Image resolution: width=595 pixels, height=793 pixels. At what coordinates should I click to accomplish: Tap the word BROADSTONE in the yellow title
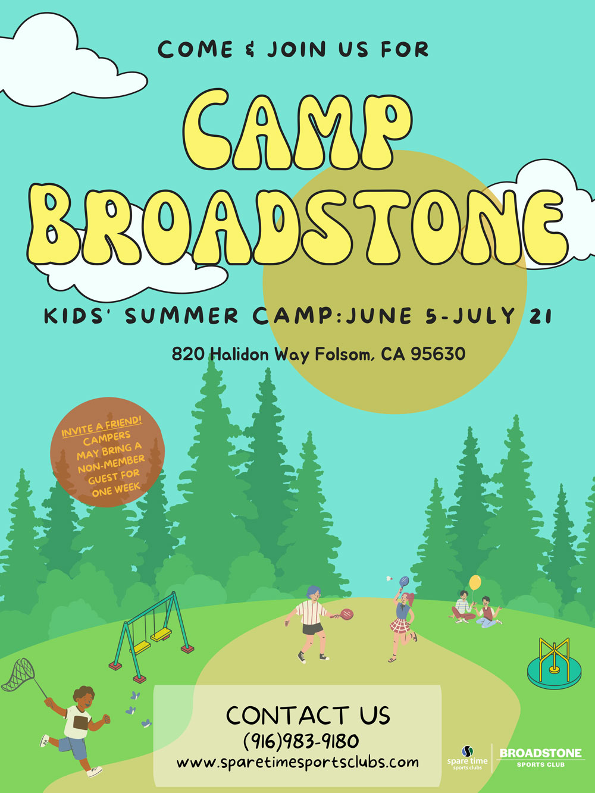point(297,226)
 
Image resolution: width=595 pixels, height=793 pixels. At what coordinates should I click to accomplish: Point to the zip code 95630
point(438,354)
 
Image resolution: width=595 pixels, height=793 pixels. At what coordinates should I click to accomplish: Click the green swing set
point(151,637)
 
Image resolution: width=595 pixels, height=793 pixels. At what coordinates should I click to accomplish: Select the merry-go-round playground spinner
point(554,663)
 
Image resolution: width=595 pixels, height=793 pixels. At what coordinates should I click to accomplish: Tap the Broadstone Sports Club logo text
point(540,757)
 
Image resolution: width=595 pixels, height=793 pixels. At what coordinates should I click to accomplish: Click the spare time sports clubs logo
point(468,757)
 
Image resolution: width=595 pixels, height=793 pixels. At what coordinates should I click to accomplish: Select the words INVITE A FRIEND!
point(102,427)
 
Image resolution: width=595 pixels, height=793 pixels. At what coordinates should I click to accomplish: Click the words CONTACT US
point(308,715)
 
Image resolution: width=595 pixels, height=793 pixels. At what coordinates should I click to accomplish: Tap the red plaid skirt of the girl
point(400,625)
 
